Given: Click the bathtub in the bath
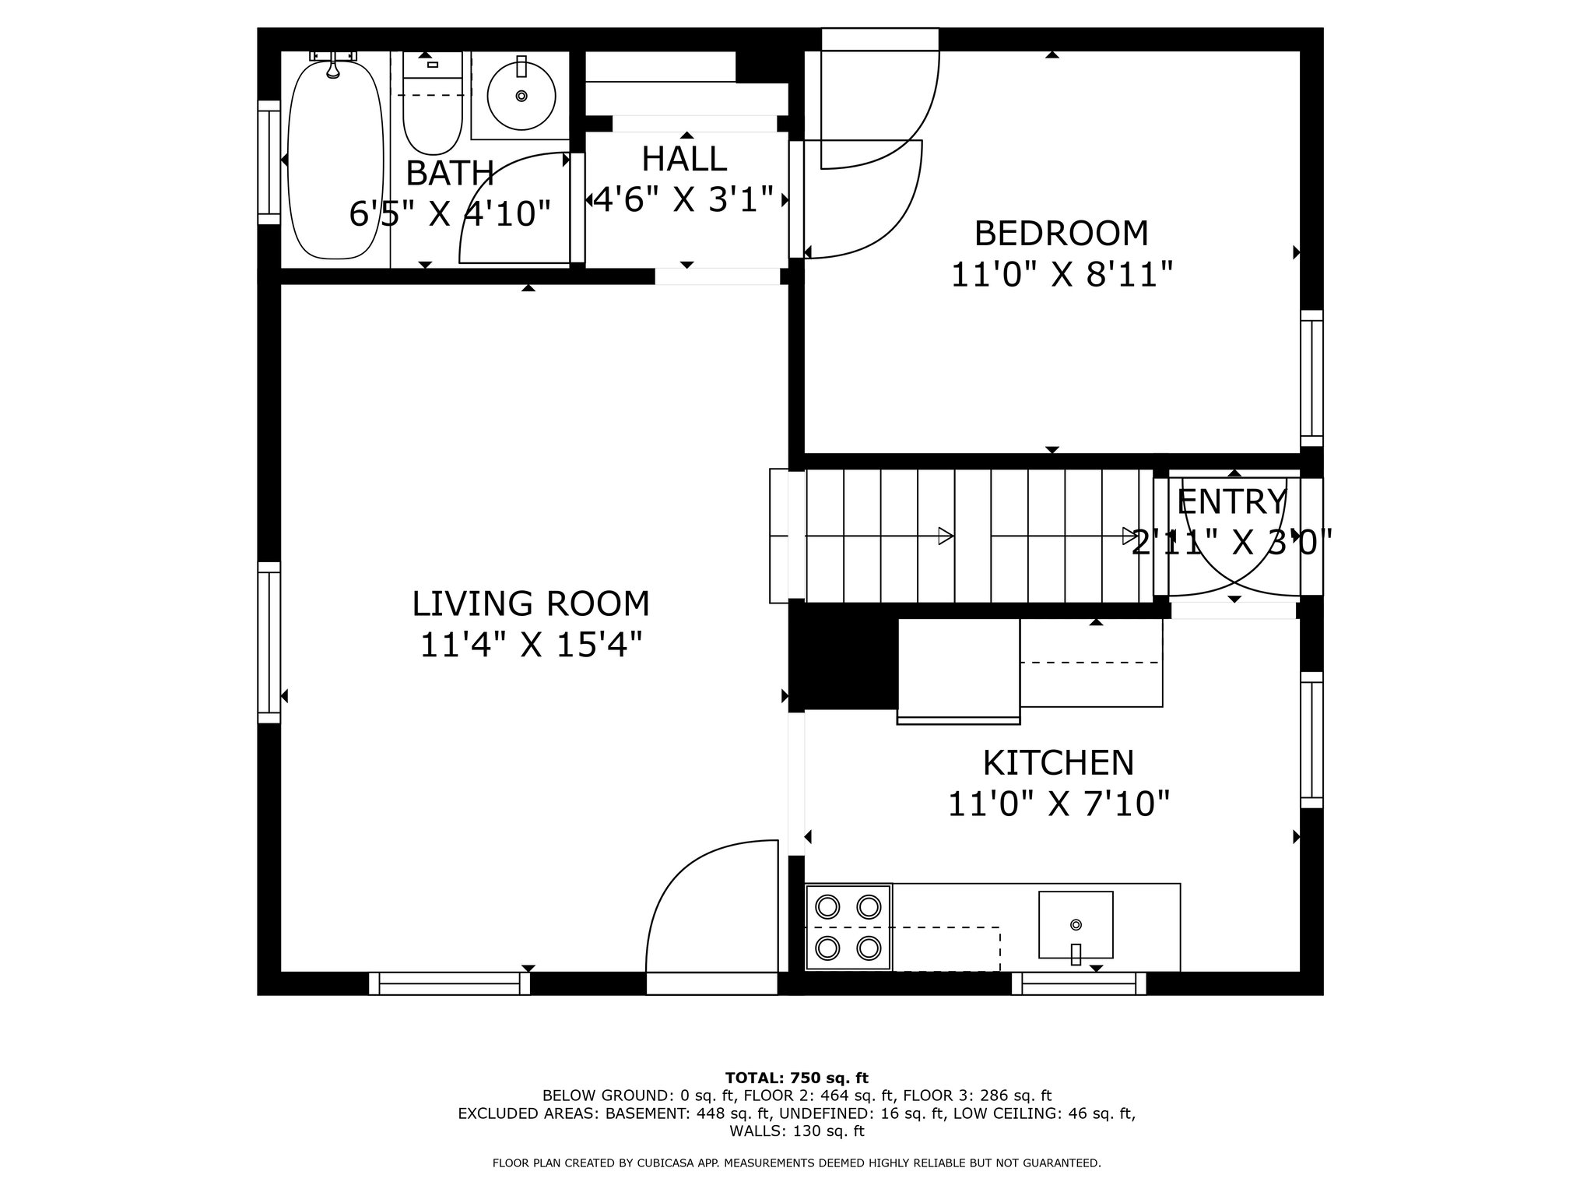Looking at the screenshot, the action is pos(335,160).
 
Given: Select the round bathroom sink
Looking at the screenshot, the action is pos(521,96).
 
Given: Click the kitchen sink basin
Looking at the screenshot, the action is pos(1076,925).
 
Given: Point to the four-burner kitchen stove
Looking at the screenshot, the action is pos(848,927).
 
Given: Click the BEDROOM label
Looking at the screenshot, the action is pos(1062,234).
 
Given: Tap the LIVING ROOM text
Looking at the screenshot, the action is pos(531,604).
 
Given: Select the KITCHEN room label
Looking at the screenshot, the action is pos(1059,763).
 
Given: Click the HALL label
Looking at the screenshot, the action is pos(684,159).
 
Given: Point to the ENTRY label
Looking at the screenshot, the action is pos(1232,502).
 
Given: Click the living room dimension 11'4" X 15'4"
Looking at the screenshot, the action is pos(532,645).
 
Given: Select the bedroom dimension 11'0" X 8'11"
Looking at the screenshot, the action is pos(1062,274).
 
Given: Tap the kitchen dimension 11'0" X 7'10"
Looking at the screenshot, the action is pos(1059,804).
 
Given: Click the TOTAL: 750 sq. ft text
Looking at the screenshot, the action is pos(797,1078).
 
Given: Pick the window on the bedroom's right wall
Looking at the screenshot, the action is pos(1311,378).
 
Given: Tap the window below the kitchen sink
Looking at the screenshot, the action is pos(1079,984).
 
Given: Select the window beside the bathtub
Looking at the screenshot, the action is pos(269,162).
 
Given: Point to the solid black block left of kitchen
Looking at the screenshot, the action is pos(843,657).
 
